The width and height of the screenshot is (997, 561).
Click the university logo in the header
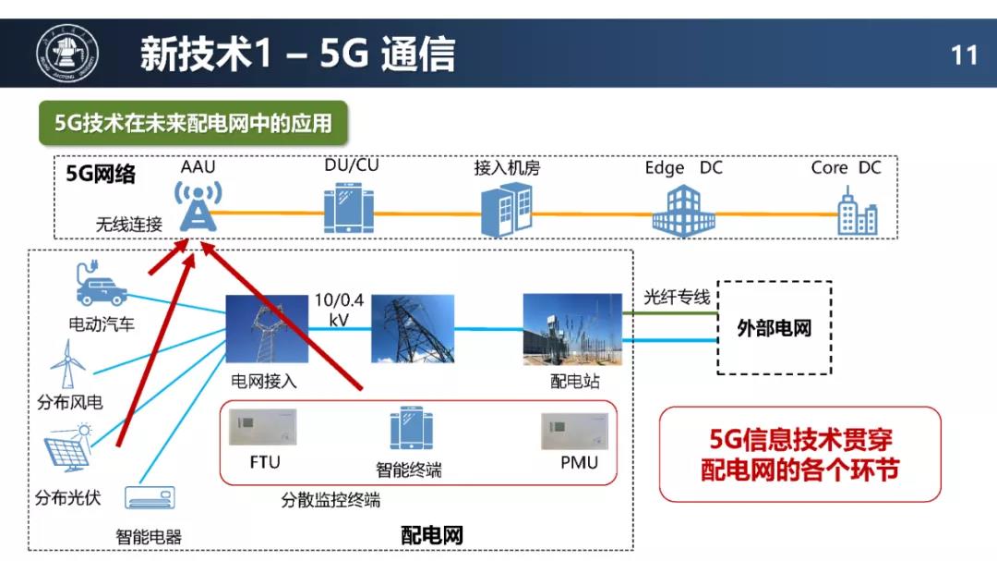click(66, 54)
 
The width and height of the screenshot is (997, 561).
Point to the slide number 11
click(964, 55)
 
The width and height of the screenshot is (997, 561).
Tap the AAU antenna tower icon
click(198, 206)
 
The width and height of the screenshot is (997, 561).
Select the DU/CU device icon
click(348, 208)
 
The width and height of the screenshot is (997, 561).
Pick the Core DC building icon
click(857, 211)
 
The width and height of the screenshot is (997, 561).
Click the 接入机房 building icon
click(506, 210)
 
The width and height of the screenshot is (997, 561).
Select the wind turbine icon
click(67, 363)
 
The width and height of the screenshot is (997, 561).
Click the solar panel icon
click(68, 448)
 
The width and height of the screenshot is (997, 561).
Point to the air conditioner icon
click(150, 497)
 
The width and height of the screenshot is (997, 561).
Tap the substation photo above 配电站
click(572, 329)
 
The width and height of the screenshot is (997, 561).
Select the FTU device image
click(262, 427)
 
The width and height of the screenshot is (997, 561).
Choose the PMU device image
click(575, 431)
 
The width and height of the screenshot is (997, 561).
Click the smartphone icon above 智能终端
click(411, 428)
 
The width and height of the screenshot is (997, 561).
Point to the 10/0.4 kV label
click(339, 309)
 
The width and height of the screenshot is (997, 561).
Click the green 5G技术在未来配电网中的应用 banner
click(193, 123)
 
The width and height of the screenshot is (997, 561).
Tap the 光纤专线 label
click(677, 297)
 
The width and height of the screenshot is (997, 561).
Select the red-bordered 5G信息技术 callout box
click(799, 454)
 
